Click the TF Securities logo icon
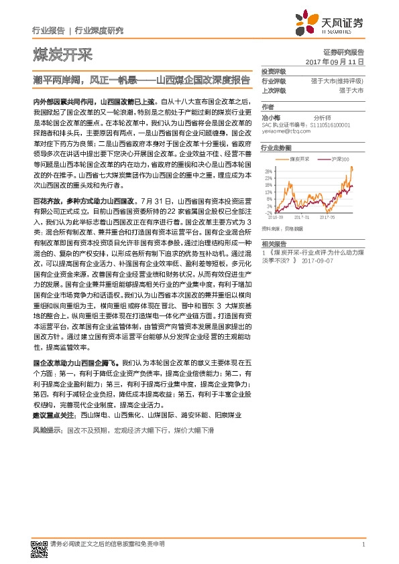coord(309,22)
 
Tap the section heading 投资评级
coord(273,71)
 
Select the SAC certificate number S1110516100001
coord(331,125)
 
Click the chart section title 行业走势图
coord(276,147)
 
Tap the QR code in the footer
coord(38,545)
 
